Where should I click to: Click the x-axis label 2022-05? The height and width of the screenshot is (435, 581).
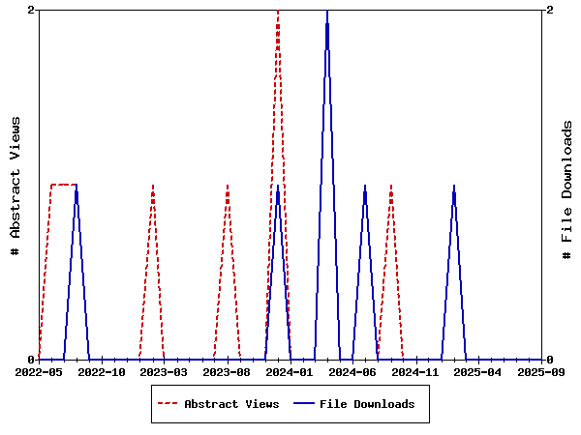click(x=39, y=371)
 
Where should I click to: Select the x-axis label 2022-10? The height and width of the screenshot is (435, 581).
click(x=102, y=371)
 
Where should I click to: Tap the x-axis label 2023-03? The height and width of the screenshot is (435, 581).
click(x=165, y=371)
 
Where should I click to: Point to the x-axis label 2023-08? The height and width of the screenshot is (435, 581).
click(x=228, y=371)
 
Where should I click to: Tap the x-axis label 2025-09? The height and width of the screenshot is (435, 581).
click(x=540, y=371)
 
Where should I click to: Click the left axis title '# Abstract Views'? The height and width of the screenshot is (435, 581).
click(x=15, y=185)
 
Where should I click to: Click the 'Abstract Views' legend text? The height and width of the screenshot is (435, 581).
click(x=231, y=404)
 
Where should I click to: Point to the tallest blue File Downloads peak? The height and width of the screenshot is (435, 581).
click(x=327, y=12)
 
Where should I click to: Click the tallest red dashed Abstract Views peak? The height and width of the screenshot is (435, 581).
click(x=278, y=12)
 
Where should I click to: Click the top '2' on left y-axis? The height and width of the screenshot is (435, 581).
click(x=32, y=10)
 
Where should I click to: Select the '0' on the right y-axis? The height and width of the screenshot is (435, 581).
click(x=549, y=360)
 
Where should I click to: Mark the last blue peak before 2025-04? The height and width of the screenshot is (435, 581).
click(x=453, y=186)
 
